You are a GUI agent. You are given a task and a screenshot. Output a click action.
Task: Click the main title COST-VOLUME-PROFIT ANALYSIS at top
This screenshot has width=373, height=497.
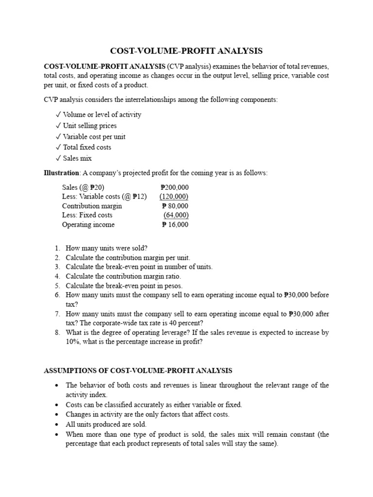click(x=186, y=50)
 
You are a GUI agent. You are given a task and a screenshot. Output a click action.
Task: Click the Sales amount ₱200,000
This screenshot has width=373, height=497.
click(x=174, y=187)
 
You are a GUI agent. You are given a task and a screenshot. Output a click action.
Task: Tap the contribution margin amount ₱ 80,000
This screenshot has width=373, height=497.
click(x=175, y=206)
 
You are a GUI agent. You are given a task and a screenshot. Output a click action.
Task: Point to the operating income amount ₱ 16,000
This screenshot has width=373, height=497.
click(x=175, y=225)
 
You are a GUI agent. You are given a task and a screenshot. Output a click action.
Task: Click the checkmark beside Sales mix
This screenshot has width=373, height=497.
click(x=58, y=158)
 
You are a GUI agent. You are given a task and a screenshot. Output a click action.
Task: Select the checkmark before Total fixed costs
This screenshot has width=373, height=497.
click(x=58, y=147)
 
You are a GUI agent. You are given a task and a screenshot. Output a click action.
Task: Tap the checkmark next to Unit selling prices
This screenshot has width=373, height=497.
click(x=58, y=126)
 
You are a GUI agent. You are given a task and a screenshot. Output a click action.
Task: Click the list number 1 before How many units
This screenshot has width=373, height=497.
click(x=57, y=248)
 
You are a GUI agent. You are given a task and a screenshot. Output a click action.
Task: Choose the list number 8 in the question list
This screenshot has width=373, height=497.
click(x=57, y=332)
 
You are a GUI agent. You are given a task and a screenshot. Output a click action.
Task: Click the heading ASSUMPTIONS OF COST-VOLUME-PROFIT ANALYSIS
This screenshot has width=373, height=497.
click(x=138, y=371)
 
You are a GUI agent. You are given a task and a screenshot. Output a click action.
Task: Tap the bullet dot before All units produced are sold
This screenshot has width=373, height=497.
click(x=56, y=424)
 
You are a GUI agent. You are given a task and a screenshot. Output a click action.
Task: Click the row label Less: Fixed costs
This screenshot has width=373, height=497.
click(x=87, y=215)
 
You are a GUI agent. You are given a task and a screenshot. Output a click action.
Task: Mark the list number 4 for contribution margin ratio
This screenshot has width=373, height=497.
click(x=57, y=276)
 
